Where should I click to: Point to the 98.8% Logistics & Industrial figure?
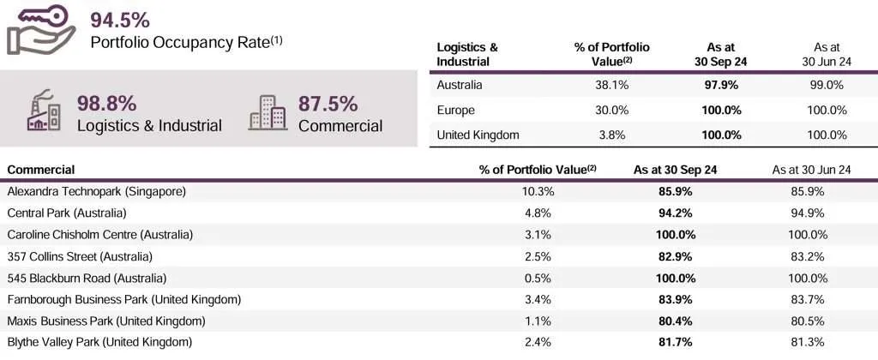tap(106, 104)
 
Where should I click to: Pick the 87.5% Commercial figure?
tap(328, 104)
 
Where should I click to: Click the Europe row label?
tap(455, 110)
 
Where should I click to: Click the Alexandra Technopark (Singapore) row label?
tap(96, 191)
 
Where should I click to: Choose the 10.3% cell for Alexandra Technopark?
tap(538, 191)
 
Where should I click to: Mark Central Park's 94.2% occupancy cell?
tap(675, 213)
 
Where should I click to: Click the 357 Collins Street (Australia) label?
tap(80, 256)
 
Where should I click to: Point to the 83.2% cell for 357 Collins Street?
tap(810, 256)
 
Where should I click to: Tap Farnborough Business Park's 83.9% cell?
tap(675, 299)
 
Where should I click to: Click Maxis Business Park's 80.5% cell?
tap(810, 321)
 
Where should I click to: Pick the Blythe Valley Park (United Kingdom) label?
tap(99, 342)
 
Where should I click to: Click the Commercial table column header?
tap(40, 170)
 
